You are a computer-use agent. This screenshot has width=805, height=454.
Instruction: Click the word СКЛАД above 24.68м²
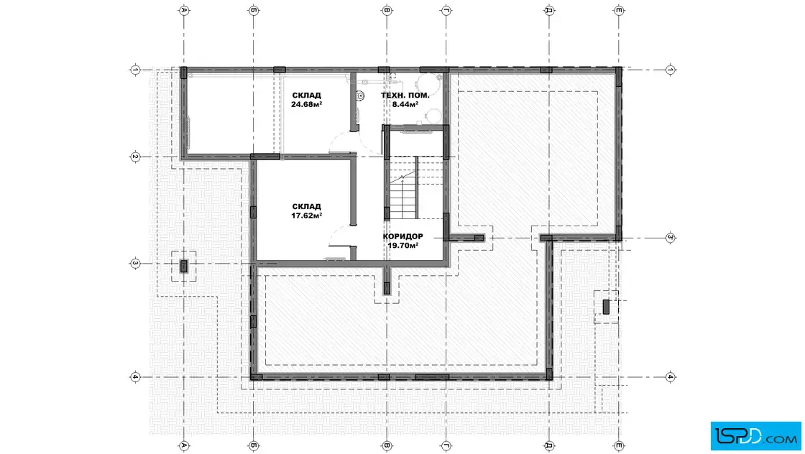[x=306, y=96]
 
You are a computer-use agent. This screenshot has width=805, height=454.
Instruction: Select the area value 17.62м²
[x=306, y=216]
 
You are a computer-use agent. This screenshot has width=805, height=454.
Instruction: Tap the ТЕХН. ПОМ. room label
[x=405, y=96]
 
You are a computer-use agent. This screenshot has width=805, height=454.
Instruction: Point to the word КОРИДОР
[x=403, y=236]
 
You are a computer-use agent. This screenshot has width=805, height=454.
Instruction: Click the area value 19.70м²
[x=403, y=245]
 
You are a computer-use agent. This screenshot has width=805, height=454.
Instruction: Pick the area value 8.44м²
[x=405, y=104]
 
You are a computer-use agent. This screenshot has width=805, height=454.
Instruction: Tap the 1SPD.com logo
[x=755, y=436]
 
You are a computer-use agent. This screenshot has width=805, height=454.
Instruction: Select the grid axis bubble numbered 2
[x=135, y=157]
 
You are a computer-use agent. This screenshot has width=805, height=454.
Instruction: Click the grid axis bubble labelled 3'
[x=671, y=238]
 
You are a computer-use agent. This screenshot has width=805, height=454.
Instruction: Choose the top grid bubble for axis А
[x=184, y=10]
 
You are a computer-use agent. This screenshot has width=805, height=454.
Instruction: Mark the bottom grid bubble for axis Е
[x=619, y=445]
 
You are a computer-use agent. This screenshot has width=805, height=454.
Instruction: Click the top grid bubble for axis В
[x=387, y=10]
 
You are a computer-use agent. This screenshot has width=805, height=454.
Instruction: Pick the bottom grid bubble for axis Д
[x=549, y=445]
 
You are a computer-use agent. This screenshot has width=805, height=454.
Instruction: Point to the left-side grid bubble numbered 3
[x=135, y=263]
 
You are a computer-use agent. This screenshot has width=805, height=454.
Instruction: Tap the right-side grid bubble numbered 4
[x=671, y=377]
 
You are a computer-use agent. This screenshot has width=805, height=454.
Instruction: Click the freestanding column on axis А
[x=184, y=267]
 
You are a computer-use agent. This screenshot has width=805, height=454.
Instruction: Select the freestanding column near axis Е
[x=606, y=307]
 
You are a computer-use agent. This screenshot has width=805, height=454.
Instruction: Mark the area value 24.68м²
[x=306, y=104]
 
